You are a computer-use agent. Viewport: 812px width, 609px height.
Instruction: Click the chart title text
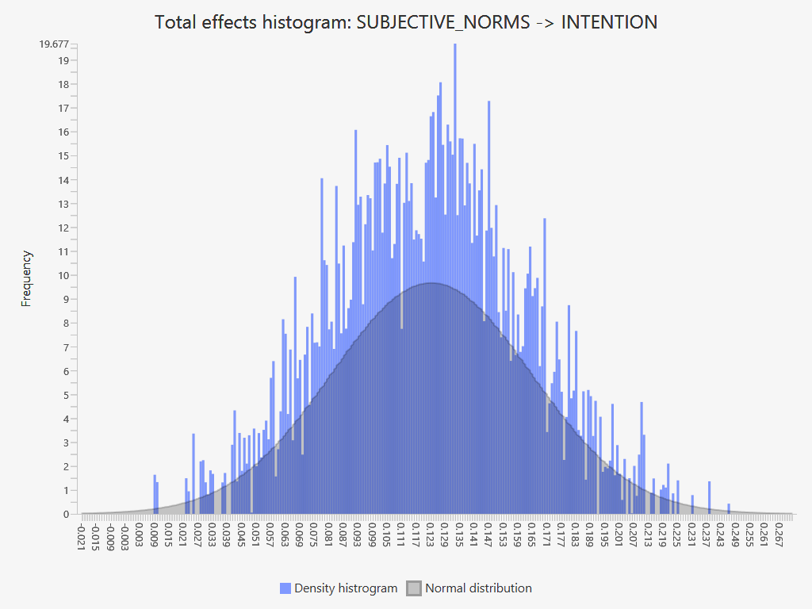click(406, 22)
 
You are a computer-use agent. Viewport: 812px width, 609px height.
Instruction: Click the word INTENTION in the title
click(609, 22)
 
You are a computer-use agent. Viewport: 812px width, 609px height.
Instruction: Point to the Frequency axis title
click(27, 278)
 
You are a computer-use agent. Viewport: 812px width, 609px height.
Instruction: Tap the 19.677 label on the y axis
click(54, 44)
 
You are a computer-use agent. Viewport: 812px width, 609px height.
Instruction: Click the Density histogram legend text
click(346, 588)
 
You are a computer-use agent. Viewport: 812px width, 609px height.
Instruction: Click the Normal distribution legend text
click(478, 588)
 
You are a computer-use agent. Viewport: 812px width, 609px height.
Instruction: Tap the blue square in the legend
click(285, 588)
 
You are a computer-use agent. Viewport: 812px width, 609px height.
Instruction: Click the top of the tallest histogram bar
click(454, 44)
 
